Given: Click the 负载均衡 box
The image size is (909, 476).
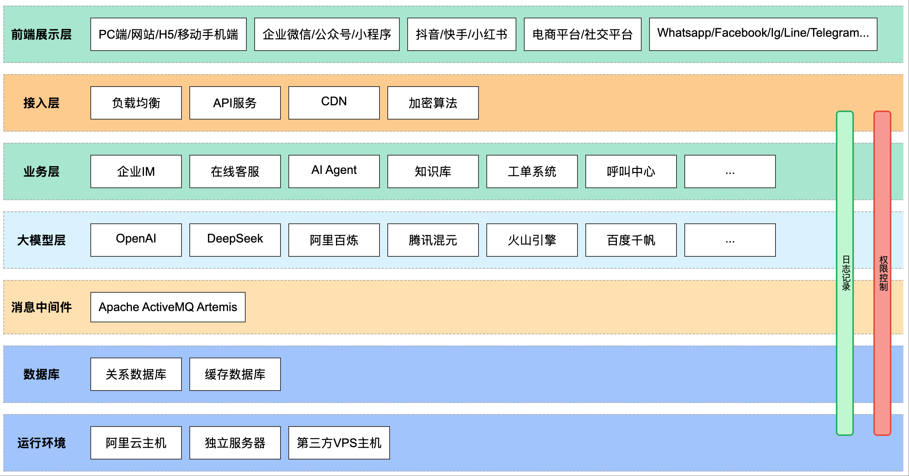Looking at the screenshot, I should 136,103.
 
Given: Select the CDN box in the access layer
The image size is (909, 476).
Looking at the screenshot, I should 334,103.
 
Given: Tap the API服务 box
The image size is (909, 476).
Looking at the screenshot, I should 235,103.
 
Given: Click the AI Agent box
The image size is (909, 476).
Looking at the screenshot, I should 334,171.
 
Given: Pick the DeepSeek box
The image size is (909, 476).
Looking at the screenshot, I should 235,240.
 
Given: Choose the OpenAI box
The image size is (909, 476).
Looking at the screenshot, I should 136,240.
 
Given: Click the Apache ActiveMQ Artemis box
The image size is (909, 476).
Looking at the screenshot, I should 168,307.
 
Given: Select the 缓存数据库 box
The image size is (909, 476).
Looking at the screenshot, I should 235,374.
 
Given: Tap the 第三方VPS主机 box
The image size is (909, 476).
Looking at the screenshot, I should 339,443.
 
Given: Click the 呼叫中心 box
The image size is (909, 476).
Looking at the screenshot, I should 631,171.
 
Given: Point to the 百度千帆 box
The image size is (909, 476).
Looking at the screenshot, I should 631,240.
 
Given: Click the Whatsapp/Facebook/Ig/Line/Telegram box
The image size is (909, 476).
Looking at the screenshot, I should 763,34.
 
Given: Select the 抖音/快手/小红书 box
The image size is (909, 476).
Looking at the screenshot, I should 461,34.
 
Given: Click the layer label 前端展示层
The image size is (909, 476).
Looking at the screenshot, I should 41,34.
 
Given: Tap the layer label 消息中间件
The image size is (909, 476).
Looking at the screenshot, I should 41,307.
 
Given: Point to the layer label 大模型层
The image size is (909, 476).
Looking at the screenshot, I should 41,240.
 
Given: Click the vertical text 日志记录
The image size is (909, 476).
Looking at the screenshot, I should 846,273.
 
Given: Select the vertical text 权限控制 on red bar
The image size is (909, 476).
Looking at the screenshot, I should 883,273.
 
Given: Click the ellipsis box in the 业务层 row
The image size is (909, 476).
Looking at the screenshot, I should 730,171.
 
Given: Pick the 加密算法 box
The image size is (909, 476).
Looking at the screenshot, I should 433,103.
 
